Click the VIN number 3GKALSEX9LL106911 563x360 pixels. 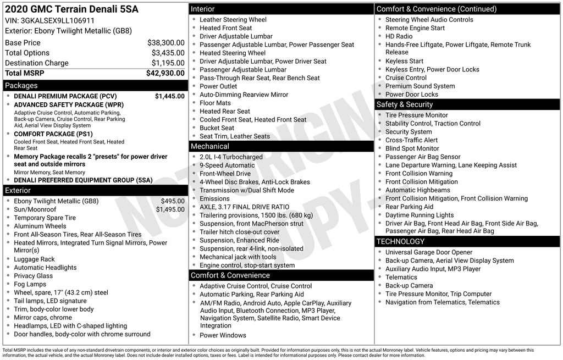(57, 20)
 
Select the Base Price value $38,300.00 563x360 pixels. (165, 42)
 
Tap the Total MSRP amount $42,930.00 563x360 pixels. (165, 73)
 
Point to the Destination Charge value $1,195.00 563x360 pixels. (168, 63)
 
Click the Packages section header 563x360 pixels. (21, 86)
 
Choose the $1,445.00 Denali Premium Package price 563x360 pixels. (169, 96)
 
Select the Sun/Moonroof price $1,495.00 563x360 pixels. (170, 209)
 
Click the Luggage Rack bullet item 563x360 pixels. (34, 259)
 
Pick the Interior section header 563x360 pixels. (203, 9)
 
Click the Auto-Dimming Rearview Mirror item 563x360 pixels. (244, 95)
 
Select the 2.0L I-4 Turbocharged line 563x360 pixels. (231, 157)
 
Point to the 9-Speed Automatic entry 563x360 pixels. (227, 165)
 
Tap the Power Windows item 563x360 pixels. (223, 335)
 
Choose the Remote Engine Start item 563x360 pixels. (415, 28)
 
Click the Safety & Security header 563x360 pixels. (405, 104)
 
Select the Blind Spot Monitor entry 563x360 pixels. (412, 148)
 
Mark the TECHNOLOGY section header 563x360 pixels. (400, 241)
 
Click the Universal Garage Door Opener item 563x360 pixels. (429, 252)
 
